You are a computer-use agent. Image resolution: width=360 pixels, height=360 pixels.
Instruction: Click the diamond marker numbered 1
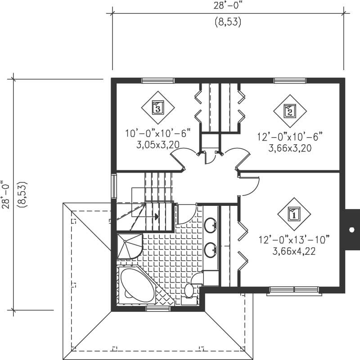tap(294, 214)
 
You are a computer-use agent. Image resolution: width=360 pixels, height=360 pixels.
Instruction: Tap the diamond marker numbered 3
tap(157, 108)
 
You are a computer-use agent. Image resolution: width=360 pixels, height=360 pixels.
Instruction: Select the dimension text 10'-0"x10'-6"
tap(158, 133)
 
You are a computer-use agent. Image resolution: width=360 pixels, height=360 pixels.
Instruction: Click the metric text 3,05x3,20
tap(158, 145)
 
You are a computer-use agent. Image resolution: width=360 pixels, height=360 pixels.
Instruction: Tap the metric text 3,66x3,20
tap(290, 147)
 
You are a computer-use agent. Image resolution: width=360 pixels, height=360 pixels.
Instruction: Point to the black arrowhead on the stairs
tap(157, 216)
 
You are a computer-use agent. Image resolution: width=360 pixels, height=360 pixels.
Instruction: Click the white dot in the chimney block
tap(351, 229)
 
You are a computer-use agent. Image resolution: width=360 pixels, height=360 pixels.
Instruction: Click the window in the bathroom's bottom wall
tap(157, 309)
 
